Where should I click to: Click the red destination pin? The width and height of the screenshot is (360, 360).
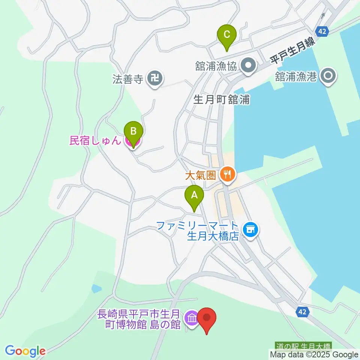pyautogui.click(x=207, y=318)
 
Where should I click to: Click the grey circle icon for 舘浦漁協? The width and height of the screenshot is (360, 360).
pyautogui.click(x=248, y=66)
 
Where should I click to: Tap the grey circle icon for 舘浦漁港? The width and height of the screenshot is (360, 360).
pyautogui.click(x=328, y=76)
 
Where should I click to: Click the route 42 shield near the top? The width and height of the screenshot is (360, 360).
pyautogui.click(x=322, y=31)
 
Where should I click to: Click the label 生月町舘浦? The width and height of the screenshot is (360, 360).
pyautogui.click(x=222, y=99)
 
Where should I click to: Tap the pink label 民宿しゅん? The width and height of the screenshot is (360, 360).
pyautogui.click(x=95, y=141)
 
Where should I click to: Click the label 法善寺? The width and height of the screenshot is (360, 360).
pyautogui.click(x=128, y=79)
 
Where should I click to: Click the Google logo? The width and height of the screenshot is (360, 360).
pyautogui.click(x=25, y=351)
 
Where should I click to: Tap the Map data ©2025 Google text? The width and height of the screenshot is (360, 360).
pyautogui.click(x=314, y=354)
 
